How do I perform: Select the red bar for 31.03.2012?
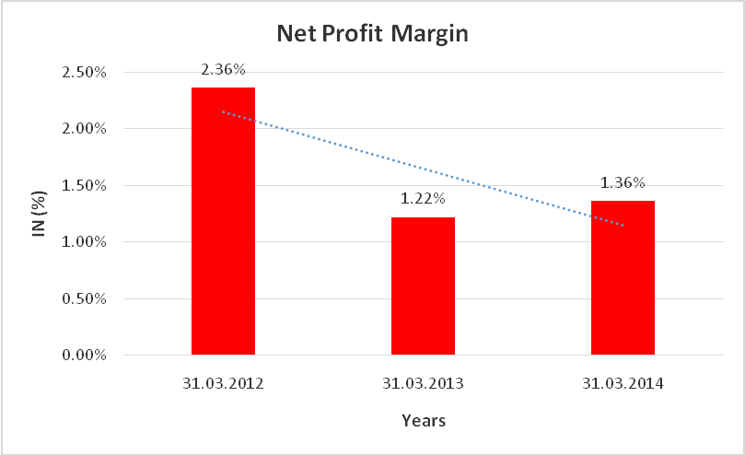click(x=223, y=221)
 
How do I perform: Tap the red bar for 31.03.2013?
click(x=423, y=286)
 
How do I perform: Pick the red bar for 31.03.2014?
click(x=623, y=277)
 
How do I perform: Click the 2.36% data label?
click(x=223, y=69)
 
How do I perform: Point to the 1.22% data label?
click(x=423, y=198)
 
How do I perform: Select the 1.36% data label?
click(x=623, y=182)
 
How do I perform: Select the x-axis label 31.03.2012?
click(x=223, y=381)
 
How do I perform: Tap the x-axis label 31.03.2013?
click(x=423, y=381)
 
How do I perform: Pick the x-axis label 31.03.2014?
click(x=623, y=381)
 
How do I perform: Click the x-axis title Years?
click(x=424, y=421)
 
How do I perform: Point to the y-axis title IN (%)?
click(x=40, y=214)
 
